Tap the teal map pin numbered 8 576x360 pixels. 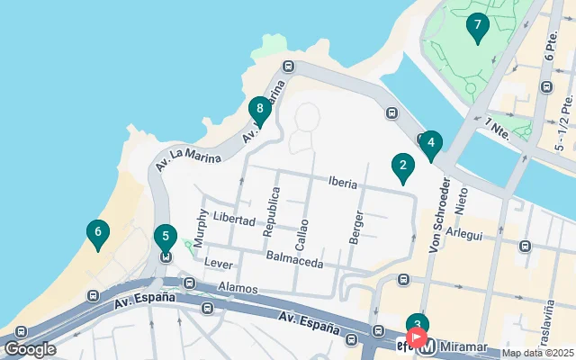259,110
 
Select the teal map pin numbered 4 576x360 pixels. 431,143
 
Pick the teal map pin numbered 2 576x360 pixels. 402,166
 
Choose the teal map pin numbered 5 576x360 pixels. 165,239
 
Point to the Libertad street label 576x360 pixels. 234,219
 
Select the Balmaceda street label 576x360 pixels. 294,257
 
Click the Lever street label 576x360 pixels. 219,263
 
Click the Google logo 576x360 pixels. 30,348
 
